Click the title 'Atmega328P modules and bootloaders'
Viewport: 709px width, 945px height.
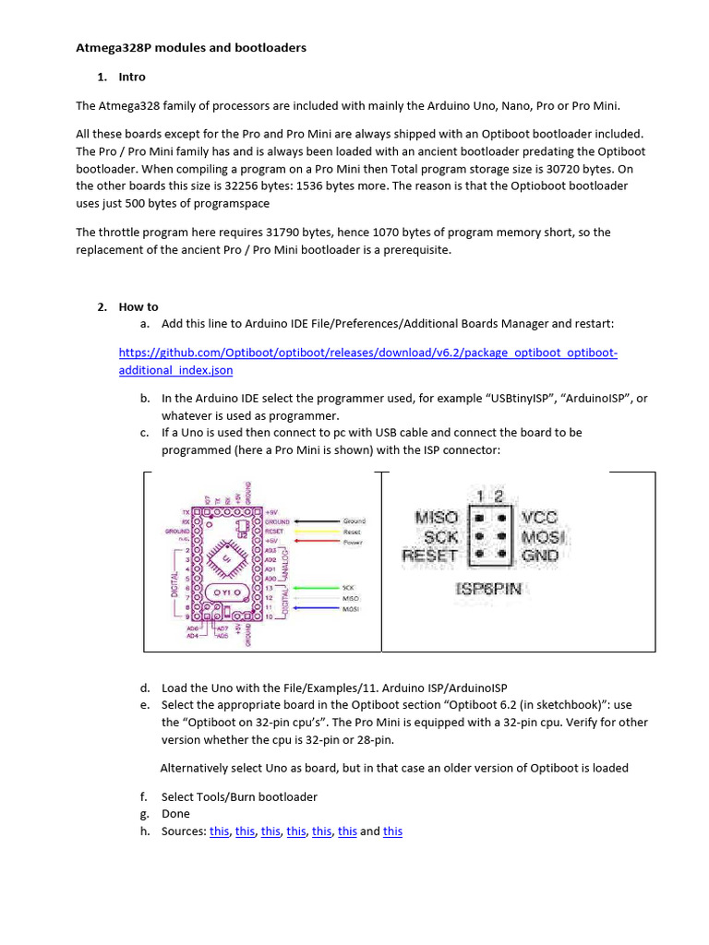pos(190,47)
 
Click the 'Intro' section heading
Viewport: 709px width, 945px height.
pos(132,77)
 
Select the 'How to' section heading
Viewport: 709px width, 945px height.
pos(138,306)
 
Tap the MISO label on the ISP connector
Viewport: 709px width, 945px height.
pos(437,518)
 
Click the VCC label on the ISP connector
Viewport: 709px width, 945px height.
pos(540,518)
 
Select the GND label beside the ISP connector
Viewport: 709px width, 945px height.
pos(540,556)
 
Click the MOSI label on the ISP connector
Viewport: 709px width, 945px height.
pos(544,536)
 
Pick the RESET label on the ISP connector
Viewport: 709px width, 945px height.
pos(430,556)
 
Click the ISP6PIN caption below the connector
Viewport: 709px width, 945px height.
pos(488,588)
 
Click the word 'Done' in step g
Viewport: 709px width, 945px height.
pos(175,814)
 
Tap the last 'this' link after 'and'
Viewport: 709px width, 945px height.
pos(392,831)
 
